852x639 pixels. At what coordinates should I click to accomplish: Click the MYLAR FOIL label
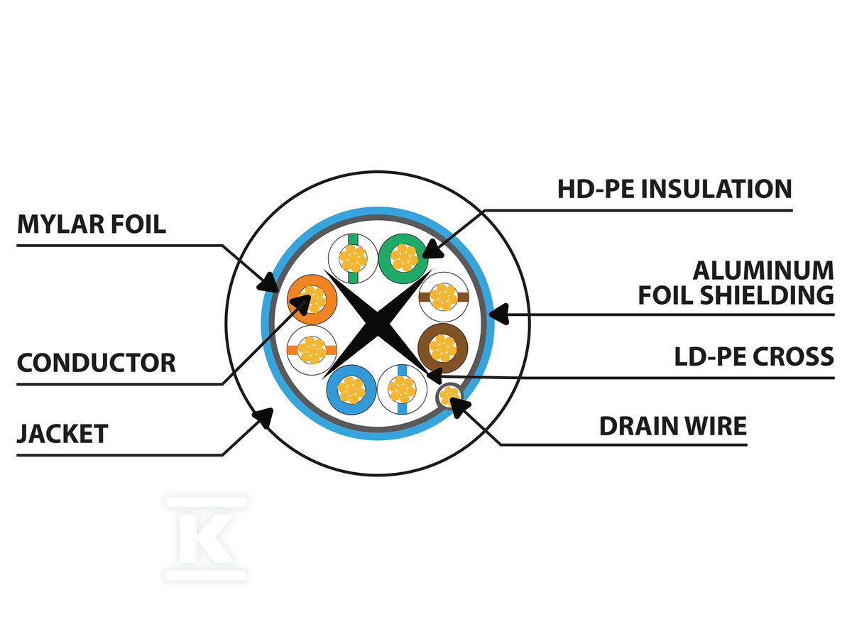92,224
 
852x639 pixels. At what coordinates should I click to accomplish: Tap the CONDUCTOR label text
96,363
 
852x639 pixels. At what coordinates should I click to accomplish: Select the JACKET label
62,432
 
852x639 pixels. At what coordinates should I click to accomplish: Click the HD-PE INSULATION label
674,189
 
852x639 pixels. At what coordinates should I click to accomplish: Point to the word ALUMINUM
763,271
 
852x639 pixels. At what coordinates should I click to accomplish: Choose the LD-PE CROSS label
754,356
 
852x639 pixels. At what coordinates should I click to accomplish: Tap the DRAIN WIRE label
673,426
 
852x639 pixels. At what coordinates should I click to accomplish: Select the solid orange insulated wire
312,300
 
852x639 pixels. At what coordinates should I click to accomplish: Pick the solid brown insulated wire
442,348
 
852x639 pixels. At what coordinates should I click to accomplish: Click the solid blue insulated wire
351,389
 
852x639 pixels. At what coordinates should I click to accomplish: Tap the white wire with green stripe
353,257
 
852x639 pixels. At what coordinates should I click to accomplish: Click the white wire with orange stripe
311,349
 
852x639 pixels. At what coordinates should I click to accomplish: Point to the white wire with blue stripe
401,389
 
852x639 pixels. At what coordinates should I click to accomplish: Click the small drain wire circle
449,395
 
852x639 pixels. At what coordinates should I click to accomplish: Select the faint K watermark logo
206,538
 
